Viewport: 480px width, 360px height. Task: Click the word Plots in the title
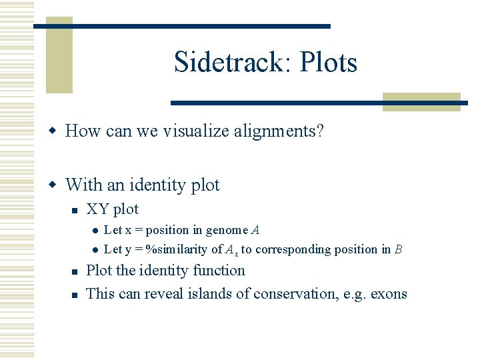[x=329, y=63]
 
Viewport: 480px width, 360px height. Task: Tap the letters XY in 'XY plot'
[x=98, y=209]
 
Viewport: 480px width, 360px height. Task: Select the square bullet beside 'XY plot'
[x=75, y=210]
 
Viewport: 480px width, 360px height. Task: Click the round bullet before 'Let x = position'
[x=95, y=231]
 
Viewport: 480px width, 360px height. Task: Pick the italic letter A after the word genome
[x=255, y=230]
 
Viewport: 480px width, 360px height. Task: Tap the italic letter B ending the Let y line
[x=398, y=249]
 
